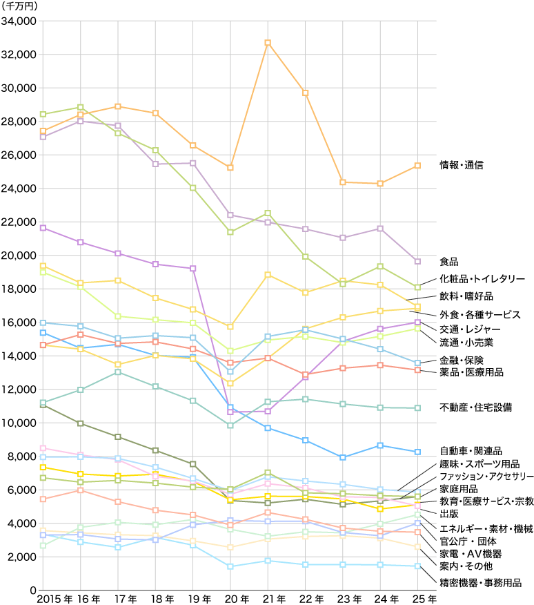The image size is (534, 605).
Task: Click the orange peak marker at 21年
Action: [x=268, y=43]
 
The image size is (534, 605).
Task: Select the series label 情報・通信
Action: [x=462, y=165]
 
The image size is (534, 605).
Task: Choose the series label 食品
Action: [x=449, y=262]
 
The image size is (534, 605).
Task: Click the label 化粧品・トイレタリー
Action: [x=482, y=279]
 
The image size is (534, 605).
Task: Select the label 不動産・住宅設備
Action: [x=475, y=407]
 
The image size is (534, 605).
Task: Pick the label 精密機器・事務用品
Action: [x=480, y=582]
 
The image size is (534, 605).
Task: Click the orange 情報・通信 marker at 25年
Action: [x=417, y=166]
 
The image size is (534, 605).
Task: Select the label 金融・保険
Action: [x=462, y=360]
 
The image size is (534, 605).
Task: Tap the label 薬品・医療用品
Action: [x=471, y=372]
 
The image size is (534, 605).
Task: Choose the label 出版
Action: [x=449, y=514]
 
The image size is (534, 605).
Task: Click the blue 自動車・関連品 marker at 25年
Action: [x=417, y=452]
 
